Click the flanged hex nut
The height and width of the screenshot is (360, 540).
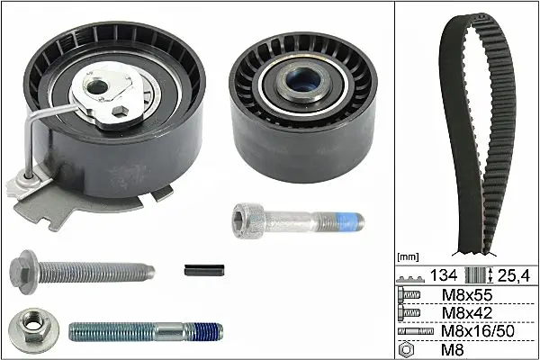[x=33, y=330]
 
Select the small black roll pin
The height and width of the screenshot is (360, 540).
[x=204, y=270]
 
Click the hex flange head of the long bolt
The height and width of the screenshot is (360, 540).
[x=23, y=272]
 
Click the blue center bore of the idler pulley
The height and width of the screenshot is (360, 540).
[x=303, y=80]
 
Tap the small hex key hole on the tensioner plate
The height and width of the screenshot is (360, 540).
[x=120, y=111]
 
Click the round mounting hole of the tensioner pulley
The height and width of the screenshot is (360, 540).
[x=95, y=87]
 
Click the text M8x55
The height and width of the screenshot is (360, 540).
[x=467, y=295]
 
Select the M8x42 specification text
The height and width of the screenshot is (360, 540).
[x=467, y=313]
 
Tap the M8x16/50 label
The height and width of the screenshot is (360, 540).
[x=478, y=331]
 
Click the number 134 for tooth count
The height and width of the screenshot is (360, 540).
[x=444, y=275]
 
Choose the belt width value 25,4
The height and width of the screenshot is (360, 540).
[x=514, y=275]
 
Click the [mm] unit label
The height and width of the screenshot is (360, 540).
[x=408, y=256]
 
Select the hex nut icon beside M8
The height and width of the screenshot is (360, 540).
[x=406, y=350]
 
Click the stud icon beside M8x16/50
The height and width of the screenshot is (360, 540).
[x=416, y=331]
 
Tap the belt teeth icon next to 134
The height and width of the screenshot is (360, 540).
[x=410, y=279]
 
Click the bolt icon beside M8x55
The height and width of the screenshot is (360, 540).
[x=409, y=295]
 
